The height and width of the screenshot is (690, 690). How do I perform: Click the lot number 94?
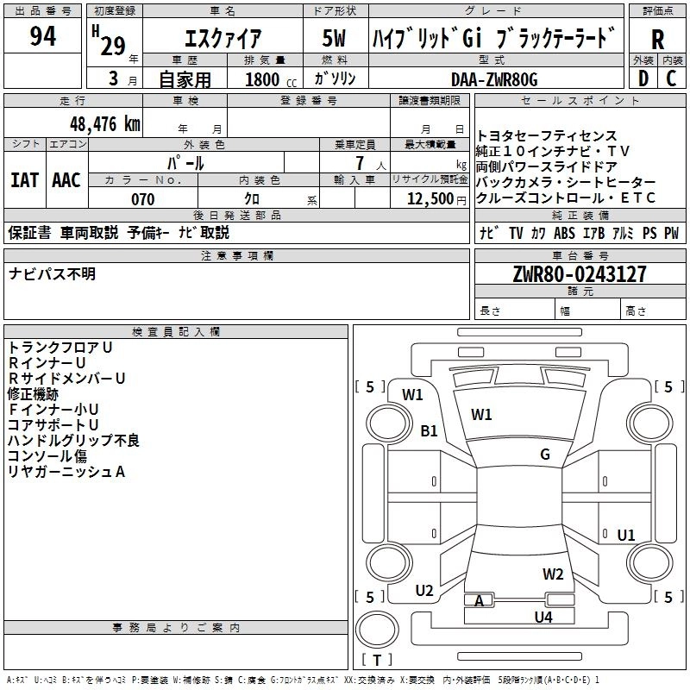(42, 36)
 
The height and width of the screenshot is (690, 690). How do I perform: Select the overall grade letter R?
(657, 40)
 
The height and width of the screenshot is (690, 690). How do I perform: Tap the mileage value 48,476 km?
(105, 124)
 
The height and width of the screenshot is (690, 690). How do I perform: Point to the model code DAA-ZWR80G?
(494, 79)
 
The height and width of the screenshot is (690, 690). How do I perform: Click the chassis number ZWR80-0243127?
(580, 274)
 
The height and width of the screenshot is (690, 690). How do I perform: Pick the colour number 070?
(143, 199)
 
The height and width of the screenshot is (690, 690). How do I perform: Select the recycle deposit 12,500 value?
(430, 199)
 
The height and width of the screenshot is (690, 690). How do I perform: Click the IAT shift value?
(24, 180)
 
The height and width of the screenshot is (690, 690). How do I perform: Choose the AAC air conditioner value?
(66, 180)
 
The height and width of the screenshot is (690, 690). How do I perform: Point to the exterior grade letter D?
(643, 78)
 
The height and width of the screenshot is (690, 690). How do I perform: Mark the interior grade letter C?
(671, 78)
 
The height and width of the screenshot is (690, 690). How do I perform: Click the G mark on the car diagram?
(545, 454)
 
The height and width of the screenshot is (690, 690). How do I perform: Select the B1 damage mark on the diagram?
(429, 430)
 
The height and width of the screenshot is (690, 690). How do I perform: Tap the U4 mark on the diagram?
(543, 617)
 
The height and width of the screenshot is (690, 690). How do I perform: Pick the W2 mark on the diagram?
(553, 574)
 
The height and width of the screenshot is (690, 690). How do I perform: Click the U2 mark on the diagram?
(424, 590)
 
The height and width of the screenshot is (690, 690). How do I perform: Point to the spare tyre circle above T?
(377, 630)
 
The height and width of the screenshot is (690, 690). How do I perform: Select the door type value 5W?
(334, 38)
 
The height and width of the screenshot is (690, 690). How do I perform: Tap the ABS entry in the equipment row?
(564, 233)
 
